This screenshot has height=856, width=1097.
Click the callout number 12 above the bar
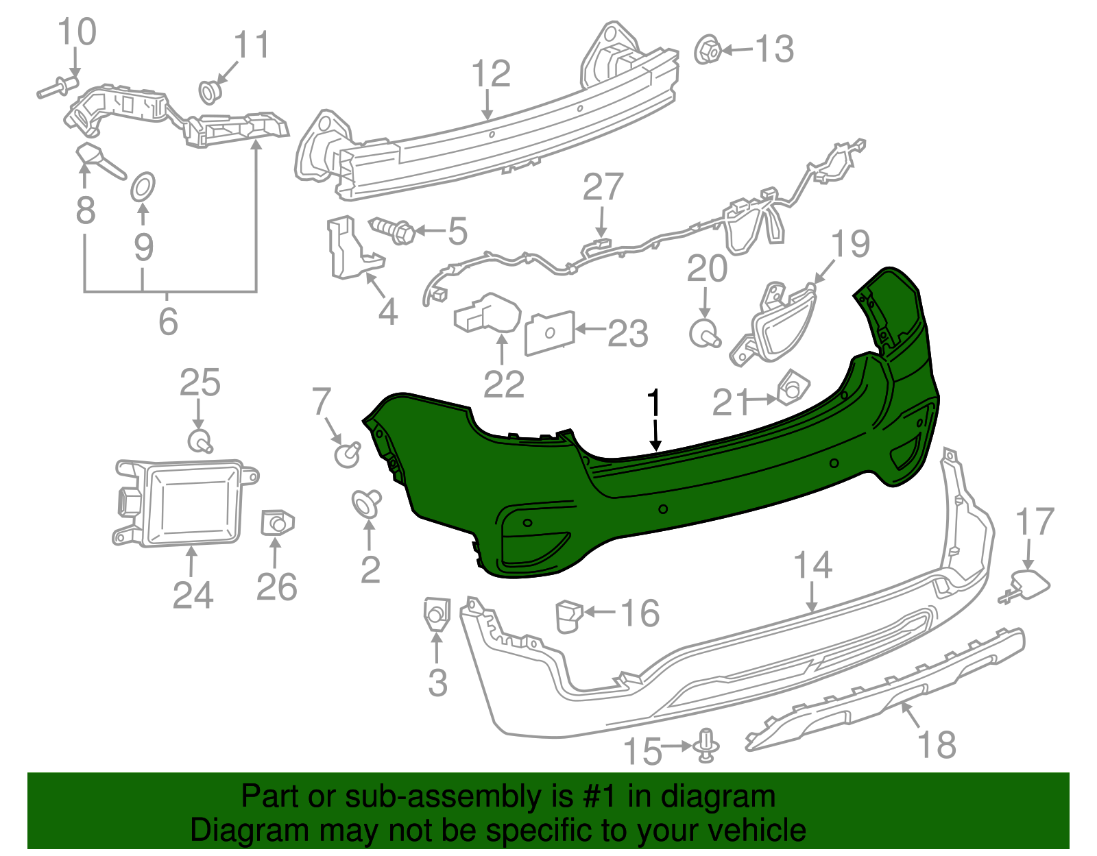491,74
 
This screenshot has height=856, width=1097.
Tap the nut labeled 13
707,51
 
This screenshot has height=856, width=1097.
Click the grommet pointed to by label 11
209,90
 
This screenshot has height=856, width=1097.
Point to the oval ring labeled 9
143,186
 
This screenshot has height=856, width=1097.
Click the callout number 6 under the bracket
168,321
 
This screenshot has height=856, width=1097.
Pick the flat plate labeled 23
549,333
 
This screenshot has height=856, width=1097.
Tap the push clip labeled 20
704,334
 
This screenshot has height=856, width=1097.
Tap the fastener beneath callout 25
200,440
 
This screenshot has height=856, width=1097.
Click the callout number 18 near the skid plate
936,744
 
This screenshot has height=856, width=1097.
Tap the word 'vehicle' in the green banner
756,830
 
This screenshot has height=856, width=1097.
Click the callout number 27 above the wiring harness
603,187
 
